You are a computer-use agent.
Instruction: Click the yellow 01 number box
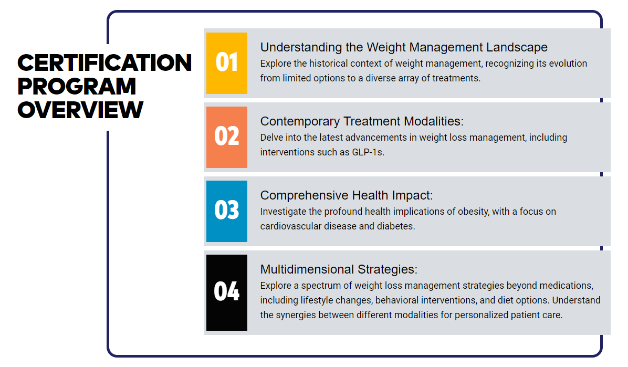[227, 64]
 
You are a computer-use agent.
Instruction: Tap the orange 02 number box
[227, 137]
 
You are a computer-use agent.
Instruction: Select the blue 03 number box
[227, 211]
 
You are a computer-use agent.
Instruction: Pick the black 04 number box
[227, 292]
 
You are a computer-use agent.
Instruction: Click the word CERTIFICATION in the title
[104, 63]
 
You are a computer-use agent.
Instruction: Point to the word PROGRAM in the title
[77, 86]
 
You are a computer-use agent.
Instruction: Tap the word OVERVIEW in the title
[80, 110]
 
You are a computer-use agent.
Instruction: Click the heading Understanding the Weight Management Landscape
[404, 47]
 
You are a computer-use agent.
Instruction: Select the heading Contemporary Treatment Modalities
[362, 121]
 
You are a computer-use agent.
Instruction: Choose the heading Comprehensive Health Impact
[347, 195]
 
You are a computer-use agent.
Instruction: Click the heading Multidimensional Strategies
[339, 269]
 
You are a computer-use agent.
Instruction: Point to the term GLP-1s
[368, 152]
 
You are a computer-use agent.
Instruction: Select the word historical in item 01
[329, 64]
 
